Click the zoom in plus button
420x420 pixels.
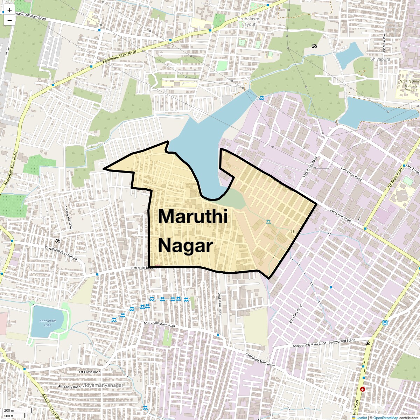point(9,10)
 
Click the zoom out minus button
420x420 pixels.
point(9,20)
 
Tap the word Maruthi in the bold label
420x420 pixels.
point(193,216)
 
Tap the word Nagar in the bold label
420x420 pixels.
point(185,246)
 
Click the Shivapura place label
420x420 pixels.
point(380,59)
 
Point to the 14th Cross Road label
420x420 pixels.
point(340,215)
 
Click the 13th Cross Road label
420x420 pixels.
point(351,174)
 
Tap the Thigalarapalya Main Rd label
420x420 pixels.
point(61,253)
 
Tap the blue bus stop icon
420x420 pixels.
point(385,322)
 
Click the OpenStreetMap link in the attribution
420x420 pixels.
point(385,418)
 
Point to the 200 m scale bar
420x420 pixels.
point(16,411)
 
